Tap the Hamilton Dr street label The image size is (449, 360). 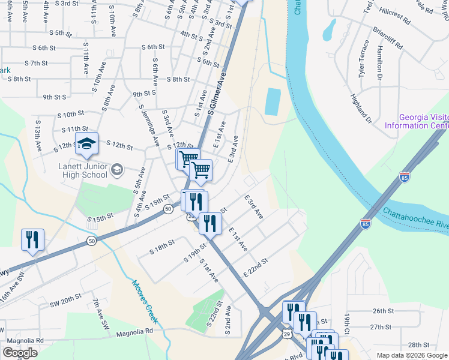click(x=379, y=63)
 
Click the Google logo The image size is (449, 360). click(x=20, y=353)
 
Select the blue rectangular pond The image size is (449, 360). click(x=273, y=101)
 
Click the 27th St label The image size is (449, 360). click(x=382, y=327)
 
